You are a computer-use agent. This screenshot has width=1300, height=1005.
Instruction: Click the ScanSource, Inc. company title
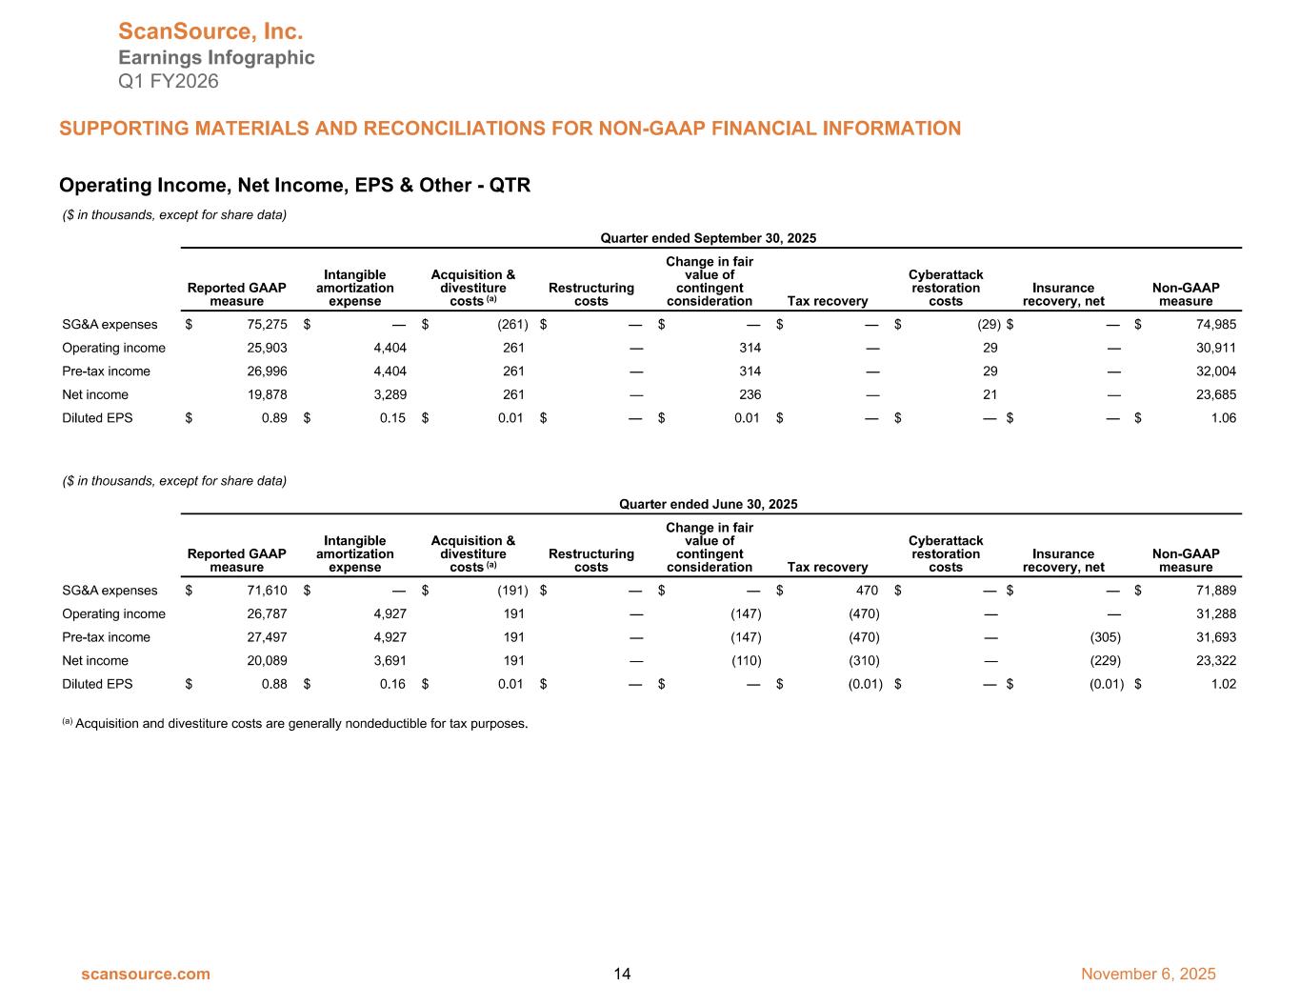click(x=210, y=32)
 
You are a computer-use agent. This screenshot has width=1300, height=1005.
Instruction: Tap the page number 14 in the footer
click(x=622, y=974)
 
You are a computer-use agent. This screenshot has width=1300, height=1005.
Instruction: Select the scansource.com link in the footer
click(x=146, y=974)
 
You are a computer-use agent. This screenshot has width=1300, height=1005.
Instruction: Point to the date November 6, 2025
click(x=1149, y=974)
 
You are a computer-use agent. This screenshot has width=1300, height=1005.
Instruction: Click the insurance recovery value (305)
click(x=1105, y=637)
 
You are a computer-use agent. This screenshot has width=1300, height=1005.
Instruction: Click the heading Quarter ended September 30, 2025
click(x=709, y=238)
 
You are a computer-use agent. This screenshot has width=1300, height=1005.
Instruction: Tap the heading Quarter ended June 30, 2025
click(x=709, y=504)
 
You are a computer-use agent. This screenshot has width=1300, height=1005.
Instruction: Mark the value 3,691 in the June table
click(x=388, y=660)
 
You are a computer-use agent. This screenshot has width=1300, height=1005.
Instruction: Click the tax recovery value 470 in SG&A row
click(x=867, y=591)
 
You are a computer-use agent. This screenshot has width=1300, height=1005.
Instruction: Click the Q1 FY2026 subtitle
click(x=169, y=81)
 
